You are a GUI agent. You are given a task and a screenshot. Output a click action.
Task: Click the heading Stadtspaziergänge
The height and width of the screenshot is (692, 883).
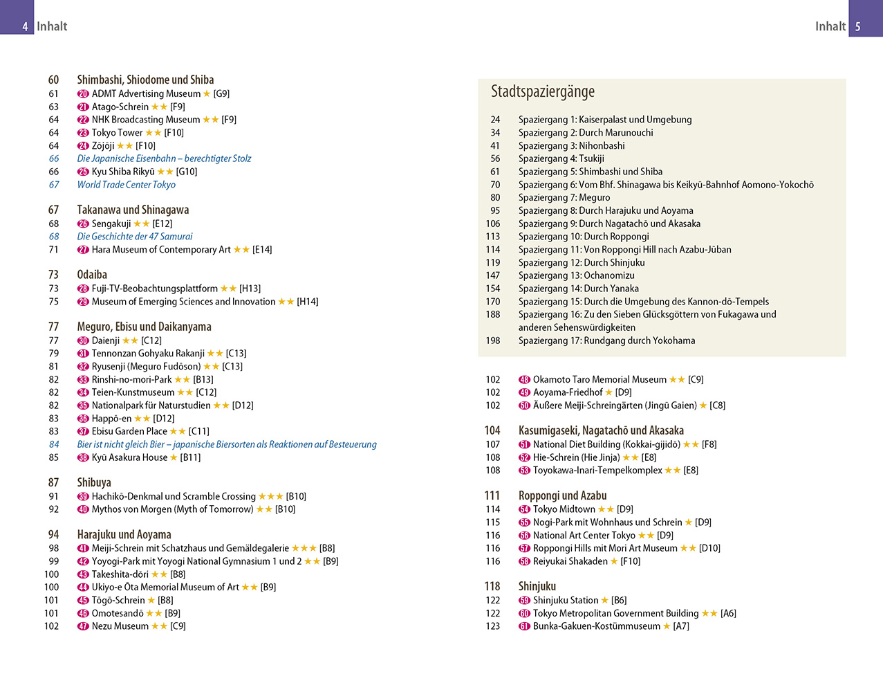click(x=542, y=91)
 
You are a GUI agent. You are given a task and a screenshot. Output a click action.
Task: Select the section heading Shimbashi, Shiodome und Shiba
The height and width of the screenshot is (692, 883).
click(x=145, y=80)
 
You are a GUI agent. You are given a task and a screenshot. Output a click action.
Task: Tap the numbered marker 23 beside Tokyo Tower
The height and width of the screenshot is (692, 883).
click(x=83, y=133)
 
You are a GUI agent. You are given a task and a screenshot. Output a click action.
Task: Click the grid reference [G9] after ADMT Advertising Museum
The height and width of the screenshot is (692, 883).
click(x=221, y=93)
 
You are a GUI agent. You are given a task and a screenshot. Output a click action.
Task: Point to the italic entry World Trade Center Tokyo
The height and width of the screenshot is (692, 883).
click(x=126, y=185)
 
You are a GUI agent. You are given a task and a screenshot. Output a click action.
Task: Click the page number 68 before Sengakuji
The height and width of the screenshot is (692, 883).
click(x=54, y=224)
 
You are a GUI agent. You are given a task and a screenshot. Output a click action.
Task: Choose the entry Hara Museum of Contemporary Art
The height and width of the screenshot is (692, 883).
click(x=161, y=250)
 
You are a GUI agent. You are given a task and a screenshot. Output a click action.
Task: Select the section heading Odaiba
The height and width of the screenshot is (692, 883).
click(x=92, y=275)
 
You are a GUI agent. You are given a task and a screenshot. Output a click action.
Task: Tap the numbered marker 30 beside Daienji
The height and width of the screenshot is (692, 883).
click(x=83, y=340)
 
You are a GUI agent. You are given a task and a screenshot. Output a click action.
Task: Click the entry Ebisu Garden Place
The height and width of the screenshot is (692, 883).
click(x=129, y=431)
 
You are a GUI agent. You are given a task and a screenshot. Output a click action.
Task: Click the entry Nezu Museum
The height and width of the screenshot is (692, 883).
click(x=120, y=626)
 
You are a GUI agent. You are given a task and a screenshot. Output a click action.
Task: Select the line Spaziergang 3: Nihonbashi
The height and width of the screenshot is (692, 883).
click(x=571, y=146)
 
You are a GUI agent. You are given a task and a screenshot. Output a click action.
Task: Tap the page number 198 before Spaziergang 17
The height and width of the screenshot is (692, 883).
click(x=493, y=340)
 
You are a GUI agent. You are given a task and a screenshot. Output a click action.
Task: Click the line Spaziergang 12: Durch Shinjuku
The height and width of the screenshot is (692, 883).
click(x=581, y=263)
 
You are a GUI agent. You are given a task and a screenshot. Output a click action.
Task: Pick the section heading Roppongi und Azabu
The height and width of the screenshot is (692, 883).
click(x=562, y=495)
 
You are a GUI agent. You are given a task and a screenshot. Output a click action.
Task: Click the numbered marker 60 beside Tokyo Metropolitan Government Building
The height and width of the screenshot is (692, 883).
click(x=524, y=614)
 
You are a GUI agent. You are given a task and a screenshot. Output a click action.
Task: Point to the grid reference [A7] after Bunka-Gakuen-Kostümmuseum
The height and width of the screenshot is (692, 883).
click(x=681, y=626)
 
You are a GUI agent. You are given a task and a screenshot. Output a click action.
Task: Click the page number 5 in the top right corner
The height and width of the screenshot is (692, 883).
click(x=858, y=26)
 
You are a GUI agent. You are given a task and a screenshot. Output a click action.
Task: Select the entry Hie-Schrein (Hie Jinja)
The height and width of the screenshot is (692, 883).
click(x=576, y=457)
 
